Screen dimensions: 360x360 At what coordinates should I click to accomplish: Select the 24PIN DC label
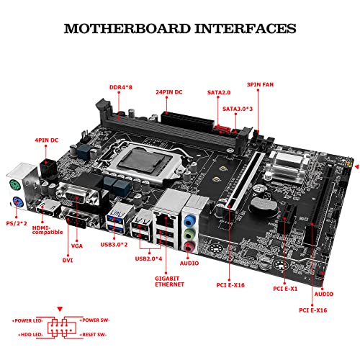click(173, 92)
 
